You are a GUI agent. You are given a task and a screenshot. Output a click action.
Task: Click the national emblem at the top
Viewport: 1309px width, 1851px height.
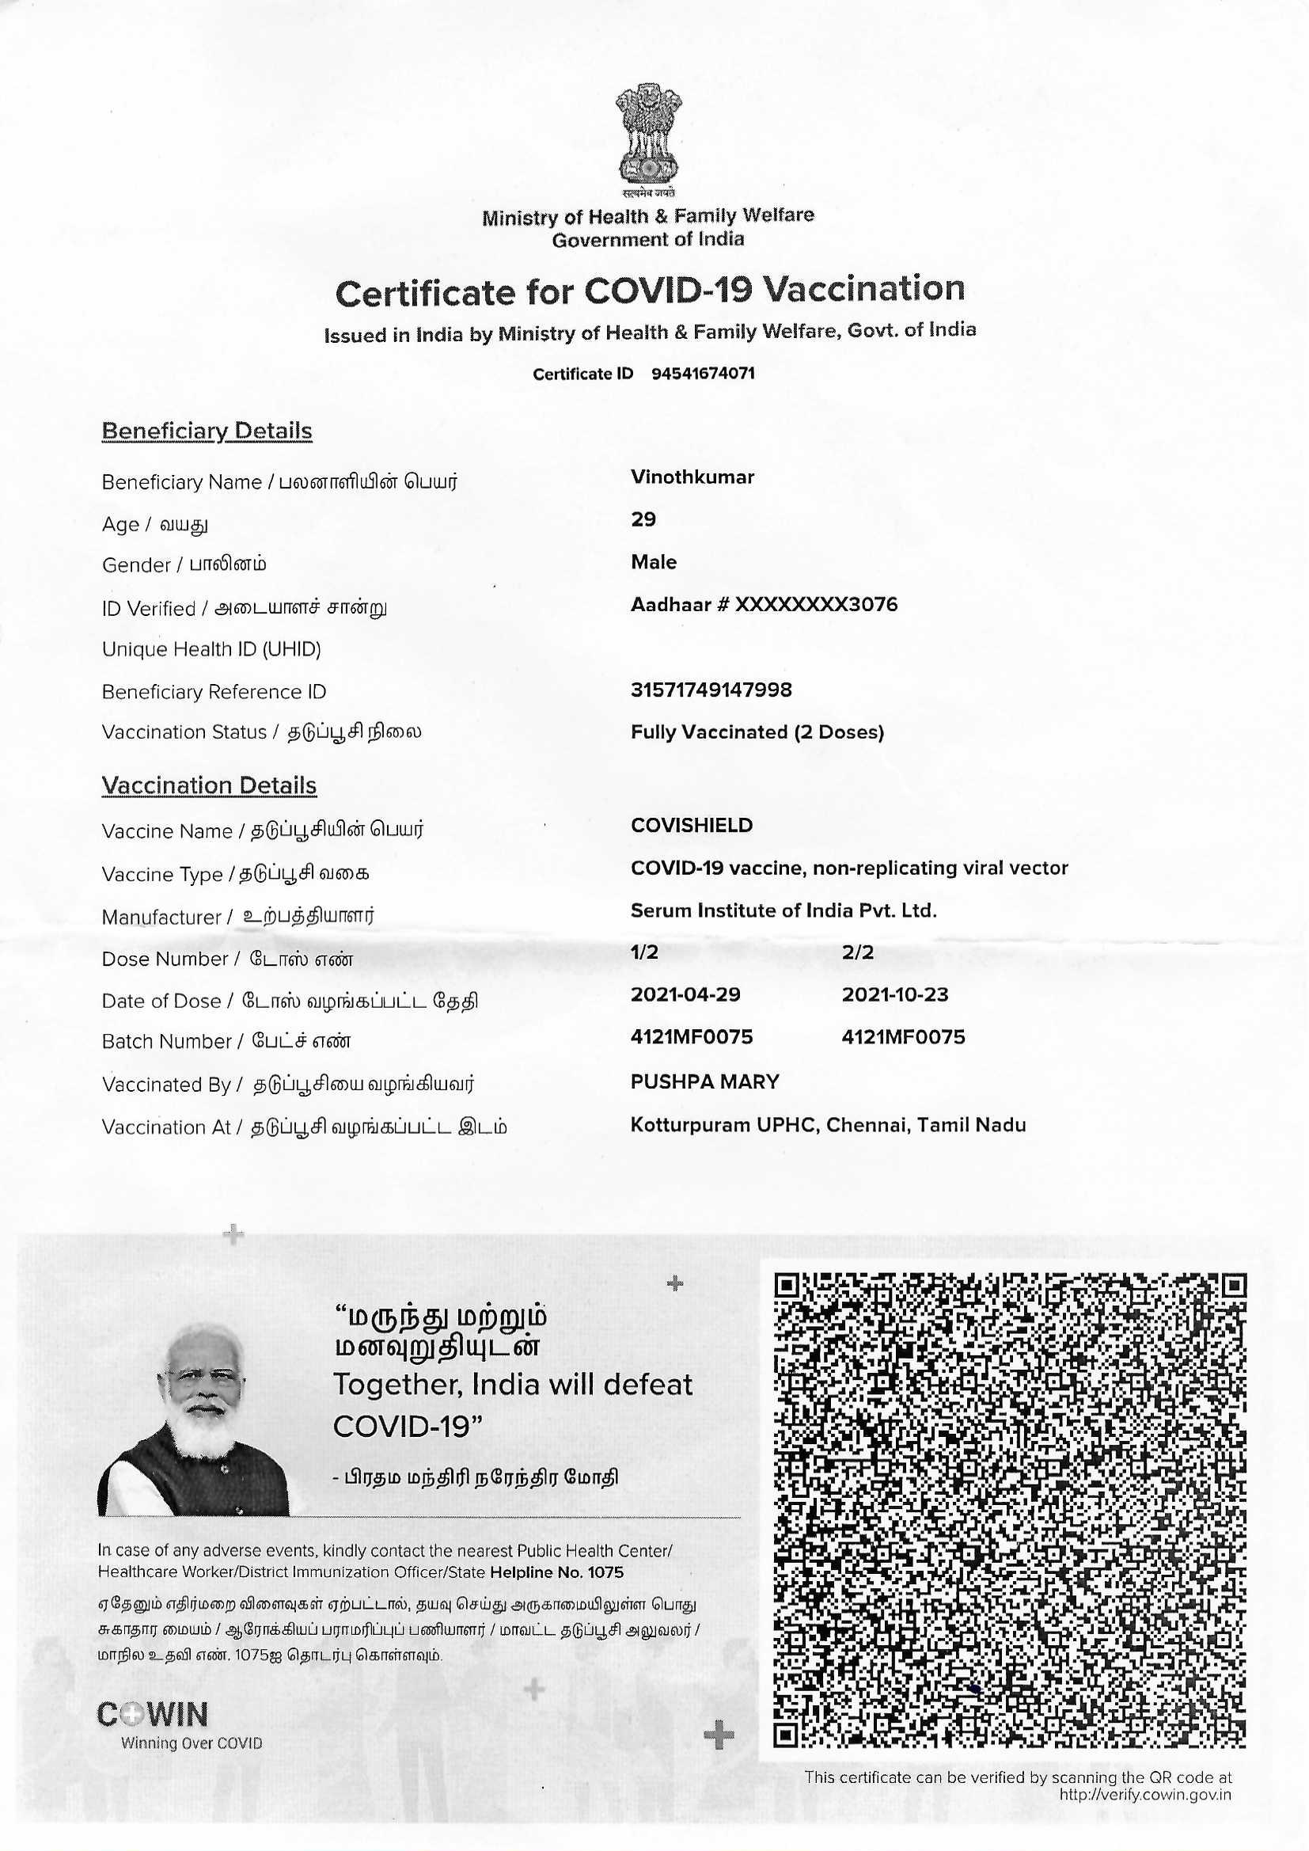point(648,135)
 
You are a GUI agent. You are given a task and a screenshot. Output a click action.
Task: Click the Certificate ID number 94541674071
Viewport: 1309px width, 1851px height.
point(703,374)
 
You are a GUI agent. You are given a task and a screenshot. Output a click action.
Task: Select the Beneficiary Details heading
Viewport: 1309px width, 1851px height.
point(207,431)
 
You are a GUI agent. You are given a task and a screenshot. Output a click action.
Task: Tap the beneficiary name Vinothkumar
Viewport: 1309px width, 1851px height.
point(692,477)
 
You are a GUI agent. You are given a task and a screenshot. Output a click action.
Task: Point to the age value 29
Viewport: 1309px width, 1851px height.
point(643,520)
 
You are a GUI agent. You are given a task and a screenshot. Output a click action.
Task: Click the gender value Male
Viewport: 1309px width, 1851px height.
point(654,562)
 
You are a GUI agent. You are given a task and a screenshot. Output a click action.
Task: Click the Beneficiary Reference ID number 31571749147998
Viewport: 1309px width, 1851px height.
point(711,690)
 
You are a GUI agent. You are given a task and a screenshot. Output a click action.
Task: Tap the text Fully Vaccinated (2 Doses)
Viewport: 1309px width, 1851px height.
point(757,732)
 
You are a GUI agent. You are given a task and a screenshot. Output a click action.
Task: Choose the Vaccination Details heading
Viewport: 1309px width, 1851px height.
point(209,786)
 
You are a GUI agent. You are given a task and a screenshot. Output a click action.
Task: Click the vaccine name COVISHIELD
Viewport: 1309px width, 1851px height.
point(692,826)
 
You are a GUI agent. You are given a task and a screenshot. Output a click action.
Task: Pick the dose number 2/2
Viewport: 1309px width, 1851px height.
point(858,952)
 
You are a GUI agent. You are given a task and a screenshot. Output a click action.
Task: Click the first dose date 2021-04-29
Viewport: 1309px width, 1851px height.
point(685,995)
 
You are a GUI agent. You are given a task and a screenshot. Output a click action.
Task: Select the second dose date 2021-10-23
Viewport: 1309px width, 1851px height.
point(895,995)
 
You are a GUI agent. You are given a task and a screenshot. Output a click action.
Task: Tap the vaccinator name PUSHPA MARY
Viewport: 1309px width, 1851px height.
point(704,1082)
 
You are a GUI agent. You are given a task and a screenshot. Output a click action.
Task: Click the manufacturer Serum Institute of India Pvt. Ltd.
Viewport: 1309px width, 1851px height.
point(784,911)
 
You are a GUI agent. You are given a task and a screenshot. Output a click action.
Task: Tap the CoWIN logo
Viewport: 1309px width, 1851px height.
point(154,1715)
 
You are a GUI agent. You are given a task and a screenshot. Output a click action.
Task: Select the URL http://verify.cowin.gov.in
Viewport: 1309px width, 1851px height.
point(1145,1795)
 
